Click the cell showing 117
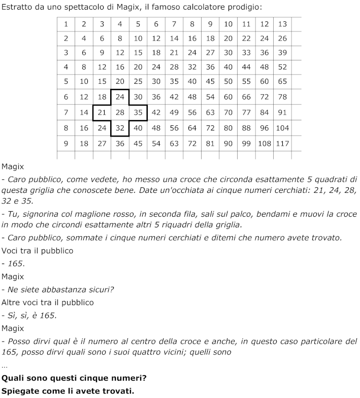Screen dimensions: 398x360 click(x=282, y=144)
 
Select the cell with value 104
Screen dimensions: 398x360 click(x=282, y=128)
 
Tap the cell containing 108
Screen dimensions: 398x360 click(x=265, y=144)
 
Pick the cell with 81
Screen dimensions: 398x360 click(x=210, y=144)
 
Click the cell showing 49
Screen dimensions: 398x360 click(x=174, y=112)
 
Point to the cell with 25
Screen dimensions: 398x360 click(x=138, y=81)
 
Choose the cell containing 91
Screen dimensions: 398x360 click(x=282, y=112)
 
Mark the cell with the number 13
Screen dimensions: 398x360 click(x=282, y=24)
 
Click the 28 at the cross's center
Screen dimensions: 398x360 click(x=120, y=112)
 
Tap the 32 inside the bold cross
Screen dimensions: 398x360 click(x=120, y=128)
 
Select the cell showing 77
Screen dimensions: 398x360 click(x=246, y=112)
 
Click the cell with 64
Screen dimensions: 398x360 click(x=192, y=128)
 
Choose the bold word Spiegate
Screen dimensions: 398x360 click(x=20, y=390)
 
